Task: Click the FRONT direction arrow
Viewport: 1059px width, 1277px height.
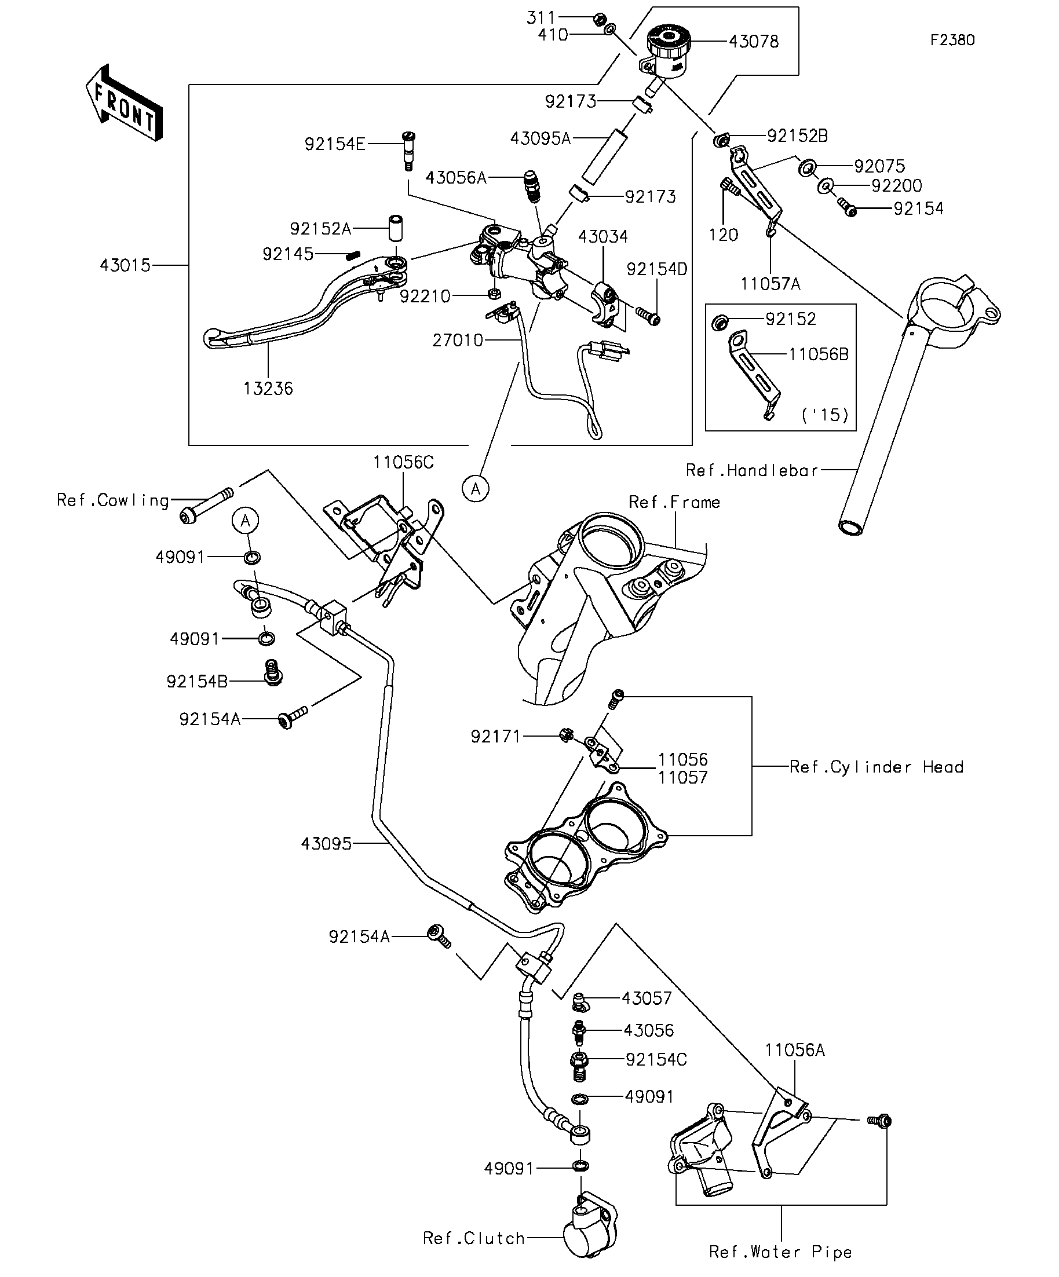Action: click(x=124, y=103)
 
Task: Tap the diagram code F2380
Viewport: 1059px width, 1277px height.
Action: click(x=952, y=40)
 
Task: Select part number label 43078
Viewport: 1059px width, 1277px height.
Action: click(x=754, y=41)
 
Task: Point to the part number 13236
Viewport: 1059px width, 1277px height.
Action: click(x=268, y=389)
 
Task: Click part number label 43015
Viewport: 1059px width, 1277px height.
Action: click(x=125, y=266)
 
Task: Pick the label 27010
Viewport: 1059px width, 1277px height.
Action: click(x=458, y=341)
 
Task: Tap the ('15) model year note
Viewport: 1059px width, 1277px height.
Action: click(x=825, y=415)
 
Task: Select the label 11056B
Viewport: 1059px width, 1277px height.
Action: click(x=818, y=354)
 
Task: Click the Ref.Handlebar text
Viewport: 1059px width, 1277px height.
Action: click(x=752, y=470)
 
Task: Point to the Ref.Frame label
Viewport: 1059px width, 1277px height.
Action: click(x=674, y=502)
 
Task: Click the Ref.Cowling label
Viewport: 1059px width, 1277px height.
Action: click(x=112, y=500)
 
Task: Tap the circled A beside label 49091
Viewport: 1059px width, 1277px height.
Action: click(x=246, y=521)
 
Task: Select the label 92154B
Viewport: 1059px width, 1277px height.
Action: click(x=197, y=682)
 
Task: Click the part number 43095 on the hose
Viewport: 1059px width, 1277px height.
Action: click(x=327, y=844)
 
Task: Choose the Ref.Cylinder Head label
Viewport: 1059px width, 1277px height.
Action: click(x=877, y=767)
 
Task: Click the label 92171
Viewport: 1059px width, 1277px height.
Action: click(x=496, y=737)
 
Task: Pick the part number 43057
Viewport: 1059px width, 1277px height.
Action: click(x=647, y=998)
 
